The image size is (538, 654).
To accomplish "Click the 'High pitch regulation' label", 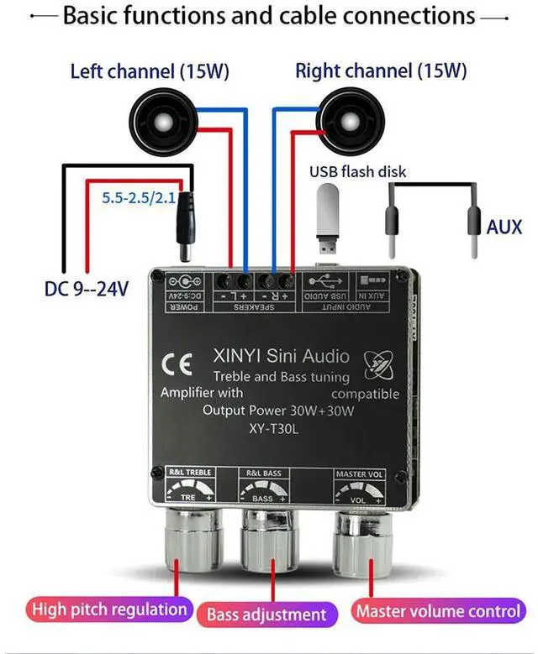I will tap(109, 610).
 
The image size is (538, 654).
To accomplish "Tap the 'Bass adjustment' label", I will tap(266, 615).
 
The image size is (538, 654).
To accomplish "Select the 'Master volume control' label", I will tap(436, 610).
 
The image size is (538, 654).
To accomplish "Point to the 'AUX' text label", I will tap(504, 227).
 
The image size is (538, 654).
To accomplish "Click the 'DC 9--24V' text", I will tap(87, 290).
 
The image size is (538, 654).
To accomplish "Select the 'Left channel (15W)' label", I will tap(150, 72).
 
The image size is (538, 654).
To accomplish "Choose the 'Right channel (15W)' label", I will tap(381, 71).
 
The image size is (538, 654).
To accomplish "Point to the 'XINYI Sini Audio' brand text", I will tap(280, 357).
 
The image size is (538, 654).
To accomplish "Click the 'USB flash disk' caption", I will tap(357, 172).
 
